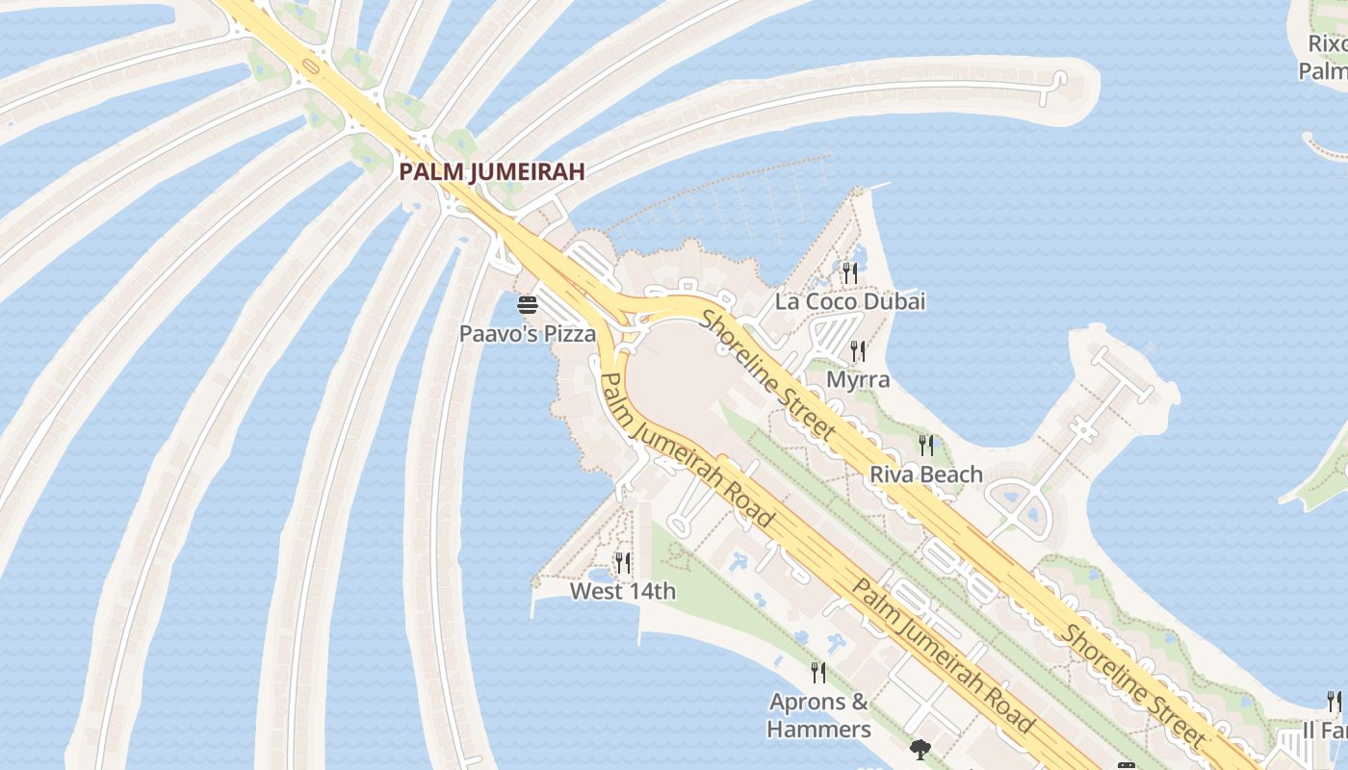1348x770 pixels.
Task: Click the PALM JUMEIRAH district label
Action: (492, 172)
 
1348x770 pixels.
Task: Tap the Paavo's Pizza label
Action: (527, 334)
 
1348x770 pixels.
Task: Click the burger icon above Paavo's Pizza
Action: (527, 306)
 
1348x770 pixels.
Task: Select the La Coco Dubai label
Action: (850, 301)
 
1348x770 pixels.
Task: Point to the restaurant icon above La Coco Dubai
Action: (849, 273)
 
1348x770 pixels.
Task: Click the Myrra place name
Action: (858, 379)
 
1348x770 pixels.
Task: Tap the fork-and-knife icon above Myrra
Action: (858, 351)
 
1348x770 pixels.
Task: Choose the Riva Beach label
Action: (926, 474)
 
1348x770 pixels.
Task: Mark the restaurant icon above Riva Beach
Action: (926, 445)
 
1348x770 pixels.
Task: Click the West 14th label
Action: (623, 591)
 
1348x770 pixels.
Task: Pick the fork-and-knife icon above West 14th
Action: (623, 562)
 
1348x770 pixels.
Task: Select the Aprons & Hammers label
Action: (819, 715)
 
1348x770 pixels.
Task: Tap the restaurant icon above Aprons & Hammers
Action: (818, 672)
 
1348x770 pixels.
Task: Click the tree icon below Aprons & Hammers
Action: (920, 749)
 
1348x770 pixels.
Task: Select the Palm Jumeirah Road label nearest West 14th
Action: (687, 449)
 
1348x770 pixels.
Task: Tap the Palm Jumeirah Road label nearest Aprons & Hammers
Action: (944, 656)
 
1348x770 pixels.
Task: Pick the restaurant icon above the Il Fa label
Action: (1335, 701)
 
